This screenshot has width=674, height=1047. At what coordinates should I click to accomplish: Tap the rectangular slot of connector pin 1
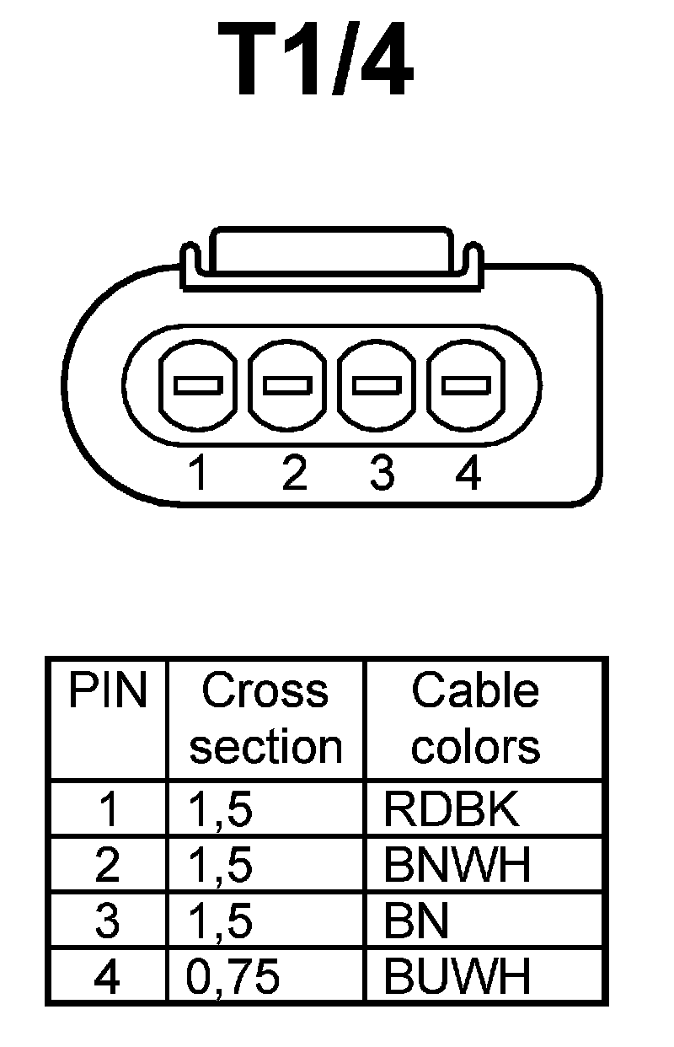coord(198,385)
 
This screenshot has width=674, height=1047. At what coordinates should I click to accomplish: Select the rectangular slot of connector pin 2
coord(287,385)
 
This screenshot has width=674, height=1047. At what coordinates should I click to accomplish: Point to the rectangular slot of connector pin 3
coord(377,385)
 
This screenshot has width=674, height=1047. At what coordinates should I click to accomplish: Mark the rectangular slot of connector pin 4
coord(466,385)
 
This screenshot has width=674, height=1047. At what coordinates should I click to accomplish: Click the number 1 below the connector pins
coord(198,473)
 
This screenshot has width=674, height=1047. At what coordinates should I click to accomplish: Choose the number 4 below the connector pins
coord(468,473)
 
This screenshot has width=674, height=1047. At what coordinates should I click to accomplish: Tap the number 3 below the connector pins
coord(382,473)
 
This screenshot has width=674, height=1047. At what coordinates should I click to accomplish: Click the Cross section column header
coord(265,718)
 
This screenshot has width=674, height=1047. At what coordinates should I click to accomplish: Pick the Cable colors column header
coord(475,718)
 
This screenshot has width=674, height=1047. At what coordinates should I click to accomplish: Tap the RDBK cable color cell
coord(451,810)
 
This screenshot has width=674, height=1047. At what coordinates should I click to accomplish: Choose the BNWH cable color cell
coord(457,866)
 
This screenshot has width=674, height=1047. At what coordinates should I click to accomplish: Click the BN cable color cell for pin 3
coord(415,921)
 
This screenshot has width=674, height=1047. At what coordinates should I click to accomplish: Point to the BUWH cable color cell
coord(457,977)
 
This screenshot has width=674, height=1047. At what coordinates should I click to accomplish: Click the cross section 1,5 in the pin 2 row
coord(221,866)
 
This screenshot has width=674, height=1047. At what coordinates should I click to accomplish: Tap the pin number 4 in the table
coord(108,977)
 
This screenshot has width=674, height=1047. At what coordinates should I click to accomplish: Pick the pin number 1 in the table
coord(108,810)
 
